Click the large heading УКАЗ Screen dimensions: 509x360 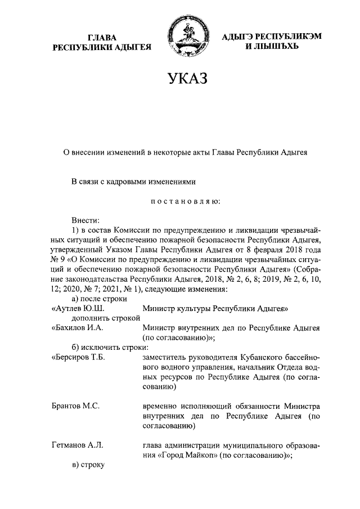[x=184, y=79]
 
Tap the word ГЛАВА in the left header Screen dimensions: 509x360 [x=102, y=37]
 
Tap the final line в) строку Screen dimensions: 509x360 [x=88, y=465]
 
